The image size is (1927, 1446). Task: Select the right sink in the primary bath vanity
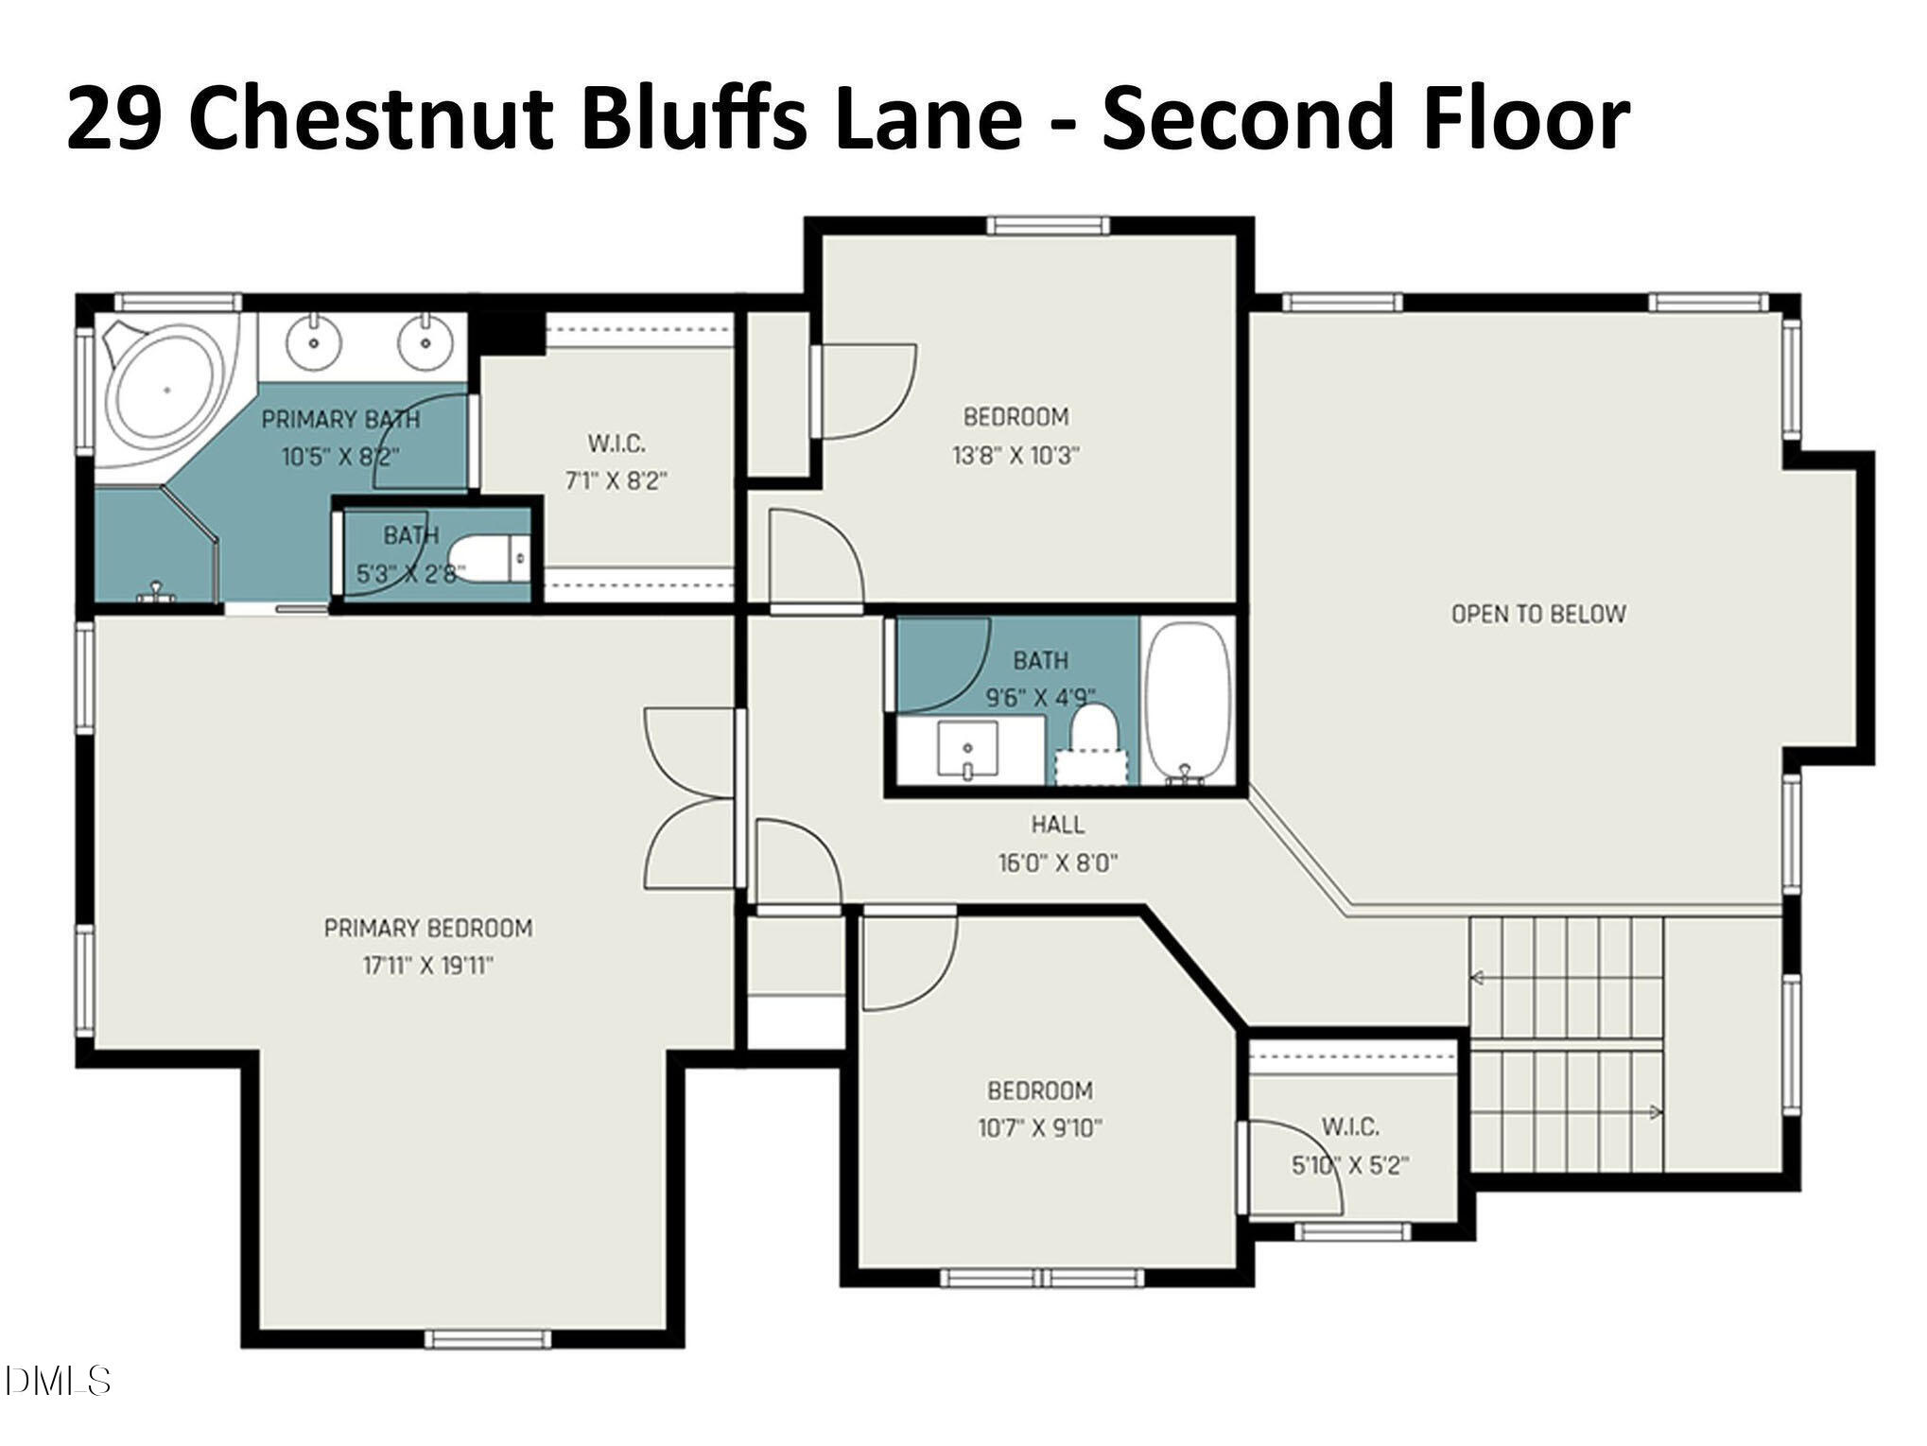424,342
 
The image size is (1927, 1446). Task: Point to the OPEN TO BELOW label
1538,614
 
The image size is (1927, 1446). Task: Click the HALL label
1057,825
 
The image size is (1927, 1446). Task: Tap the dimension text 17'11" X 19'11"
428,966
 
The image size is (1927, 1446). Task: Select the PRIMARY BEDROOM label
428,928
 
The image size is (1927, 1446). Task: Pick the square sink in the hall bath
967,749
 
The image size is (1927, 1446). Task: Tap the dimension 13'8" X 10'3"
1016,456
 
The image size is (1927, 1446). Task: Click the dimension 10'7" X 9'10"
1040,1128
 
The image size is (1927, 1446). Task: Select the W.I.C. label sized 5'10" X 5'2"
1349,1126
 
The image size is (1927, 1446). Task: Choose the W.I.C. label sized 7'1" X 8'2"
616,443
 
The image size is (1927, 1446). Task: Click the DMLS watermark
57,1382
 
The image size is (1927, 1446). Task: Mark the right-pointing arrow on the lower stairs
1655,1113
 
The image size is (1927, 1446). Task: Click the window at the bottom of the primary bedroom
487,1339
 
